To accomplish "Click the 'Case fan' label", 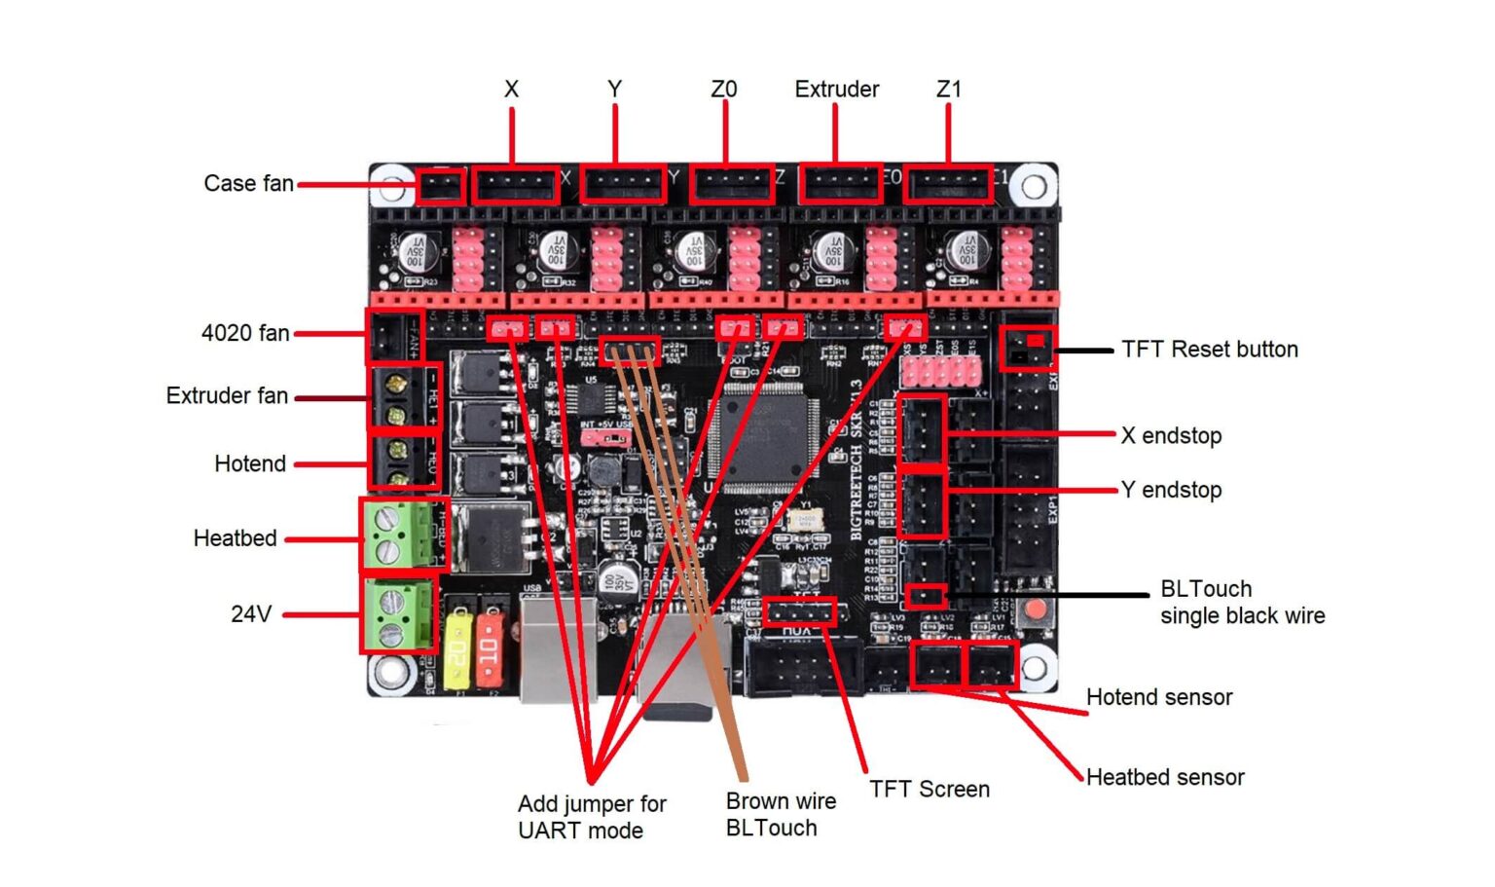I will (x=248, y=183).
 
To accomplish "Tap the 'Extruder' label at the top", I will (x=836, y=90).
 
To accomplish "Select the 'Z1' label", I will (x=948, y=90).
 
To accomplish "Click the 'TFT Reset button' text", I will (x=1209, y=350).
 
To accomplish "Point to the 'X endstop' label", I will (x=1171, y=435).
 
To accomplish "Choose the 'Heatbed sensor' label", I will (x=1165, y=777).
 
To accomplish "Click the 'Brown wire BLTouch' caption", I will (x=781, y=814).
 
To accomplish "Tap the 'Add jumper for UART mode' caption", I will (x=592, y=817).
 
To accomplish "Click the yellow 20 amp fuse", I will (x=457, y=649).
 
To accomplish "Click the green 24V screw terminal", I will (x=397, y=614).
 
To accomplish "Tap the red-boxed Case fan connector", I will (x=440, y=185).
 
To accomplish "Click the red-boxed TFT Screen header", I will (x=799, y=612).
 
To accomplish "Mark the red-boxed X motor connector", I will (x=515, y=184).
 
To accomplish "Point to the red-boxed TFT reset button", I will (x=1027, y=348).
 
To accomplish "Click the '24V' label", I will (x=251, y=614).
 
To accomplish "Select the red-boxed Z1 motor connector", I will (x=948, y=184).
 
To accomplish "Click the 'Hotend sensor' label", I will (x=1159, y=697).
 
